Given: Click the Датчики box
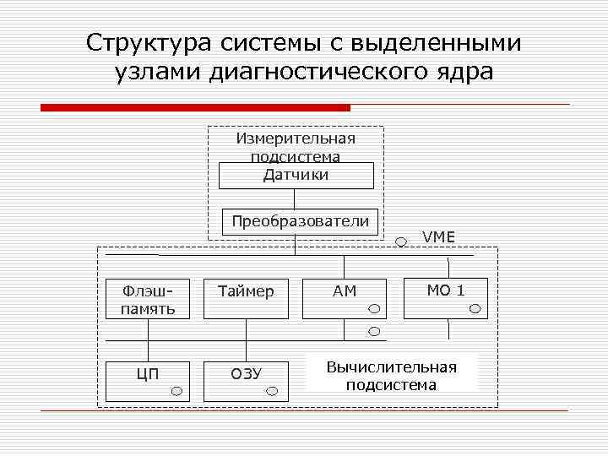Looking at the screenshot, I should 296,176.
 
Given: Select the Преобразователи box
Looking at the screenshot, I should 301,221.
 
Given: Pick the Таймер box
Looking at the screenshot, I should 246,298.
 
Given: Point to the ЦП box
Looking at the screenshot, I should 148,381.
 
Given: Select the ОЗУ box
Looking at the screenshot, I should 246,381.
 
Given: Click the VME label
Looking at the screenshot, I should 438,236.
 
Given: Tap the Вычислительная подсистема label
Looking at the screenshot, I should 392,376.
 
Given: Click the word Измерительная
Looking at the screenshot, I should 296,138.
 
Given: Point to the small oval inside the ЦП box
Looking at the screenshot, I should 176,391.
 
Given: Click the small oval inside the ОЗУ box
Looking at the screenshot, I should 273,391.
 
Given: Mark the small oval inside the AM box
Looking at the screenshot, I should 374,310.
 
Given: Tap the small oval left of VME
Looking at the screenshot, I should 401,241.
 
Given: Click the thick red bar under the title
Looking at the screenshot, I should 195,107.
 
